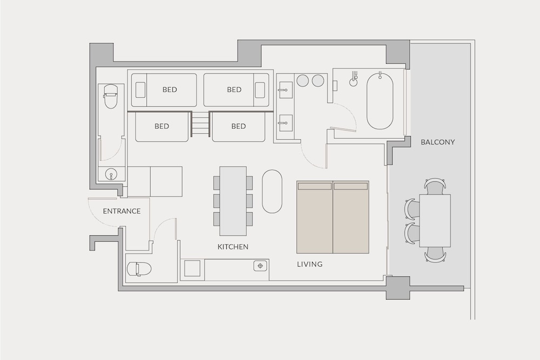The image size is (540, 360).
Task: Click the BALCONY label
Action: tap(437, 142)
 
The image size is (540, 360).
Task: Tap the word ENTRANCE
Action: tap(122, 211)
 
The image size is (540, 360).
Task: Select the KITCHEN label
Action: tap(233, 247)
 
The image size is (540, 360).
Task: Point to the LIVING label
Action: tap(309, 264)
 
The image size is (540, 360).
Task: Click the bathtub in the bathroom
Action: tap(380, 101)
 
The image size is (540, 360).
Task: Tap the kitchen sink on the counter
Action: tap(260, 266)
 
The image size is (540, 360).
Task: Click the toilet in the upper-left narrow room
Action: tap(111, 97)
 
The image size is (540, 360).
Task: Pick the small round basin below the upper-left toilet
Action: tap(111, 174)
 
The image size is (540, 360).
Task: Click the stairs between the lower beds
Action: tap(200, 124)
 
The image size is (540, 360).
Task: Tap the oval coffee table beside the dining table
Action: tap(272, 192)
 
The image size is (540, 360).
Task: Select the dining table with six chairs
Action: tap(233, 201)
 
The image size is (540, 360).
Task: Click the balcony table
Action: tap(435, 221)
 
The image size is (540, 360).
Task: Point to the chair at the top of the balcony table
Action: tap(435, 186)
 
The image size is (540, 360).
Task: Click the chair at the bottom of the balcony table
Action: tap(435, 255)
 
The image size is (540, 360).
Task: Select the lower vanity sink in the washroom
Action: tap(286, 122)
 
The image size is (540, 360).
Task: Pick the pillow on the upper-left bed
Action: tap(140, 90)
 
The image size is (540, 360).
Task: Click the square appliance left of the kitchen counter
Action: tap(192, 268)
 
